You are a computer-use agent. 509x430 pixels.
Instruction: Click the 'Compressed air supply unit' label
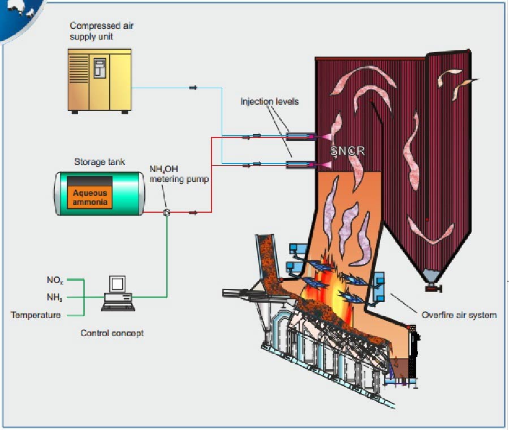pyautogui.click(x=102, y=31)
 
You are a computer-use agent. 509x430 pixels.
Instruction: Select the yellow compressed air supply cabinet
pyautogui.click(x=100, y=79)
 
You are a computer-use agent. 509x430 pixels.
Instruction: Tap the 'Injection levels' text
pyautogui.click(x=269, y=102)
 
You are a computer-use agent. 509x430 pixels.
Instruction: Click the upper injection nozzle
pyautogui.click(x=299, y=136)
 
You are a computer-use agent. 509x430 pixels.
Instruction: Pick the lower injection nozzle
pyautogui.click(x=299, y=165)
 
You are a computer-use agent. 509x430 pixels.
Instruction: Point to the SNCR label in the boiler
pyautogui.click(x=348, y=151)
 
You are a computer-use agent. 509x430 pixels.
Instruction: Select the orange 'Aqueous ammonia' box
pyautogui.click(x=89, y=197)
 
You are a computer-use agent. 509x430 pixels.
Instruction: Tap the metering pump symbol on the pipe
pyautogui.click(x=167, y=213)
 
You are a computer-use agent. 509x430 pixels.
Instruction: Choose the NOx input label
pyautogui.click(x=55, y=279)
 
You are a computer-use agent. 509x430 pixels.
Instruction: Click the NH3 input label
pyautogui.click(x=55, y=297)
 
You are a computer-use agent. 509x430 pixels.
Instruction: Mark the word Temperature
pyautogui.click(x=36, y=315)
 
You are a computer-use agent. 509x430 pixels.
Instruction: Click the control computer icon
pyautogui.click(x=118, y=293)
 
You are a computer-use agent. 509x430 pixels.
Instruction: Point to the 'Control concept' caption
pyautogui.click(x=112, y=333)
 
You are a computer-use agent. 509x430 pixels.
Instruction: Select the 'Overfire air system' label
pyautogui.click(x=459, y=315)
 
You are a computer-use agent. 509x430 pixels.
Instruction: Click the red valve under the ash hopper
pyautogui.click(x=433, y=289)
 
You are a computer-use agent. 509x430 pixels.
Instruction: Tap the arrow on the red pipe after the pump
pyautogui.click(x=193, y=213)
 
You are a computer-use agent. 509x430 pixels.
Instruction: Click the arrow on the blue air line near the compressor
pyautogui.click(x=193, y=88)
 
